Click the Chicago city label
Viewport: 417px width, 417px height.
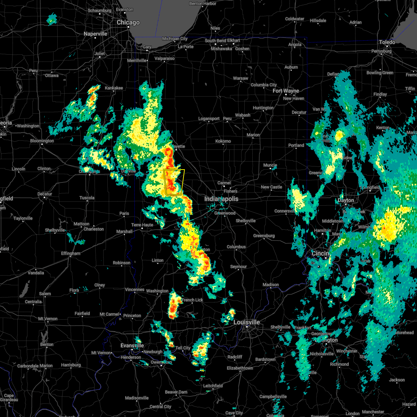(128, 23)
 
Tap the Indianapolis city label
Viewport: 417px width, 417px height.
(221, 199)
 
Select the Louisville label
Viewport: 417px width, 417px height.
(246, 322)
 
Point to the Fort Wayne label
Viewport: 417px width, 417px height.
(286, 91)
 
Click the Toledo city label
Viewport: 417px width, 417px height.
(387, 42)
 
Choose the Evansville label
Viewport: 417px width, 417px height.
(132, 345)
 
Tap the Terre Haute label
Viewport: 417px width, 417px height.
(142, 225)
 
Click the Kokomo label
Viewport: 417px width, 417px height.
(223, 141)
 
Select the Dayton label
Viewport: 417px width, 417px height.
(346, 201)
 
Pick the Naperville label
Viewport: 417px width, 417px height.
(96, 34)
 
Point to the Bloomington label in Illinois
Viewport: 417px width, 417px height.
(42, 141)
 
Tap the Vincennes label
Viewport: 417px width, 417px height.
(134, 289)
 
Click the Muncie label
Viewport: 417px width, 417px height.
(270, 165)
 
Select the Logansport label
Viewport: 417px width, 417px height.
(209, 119)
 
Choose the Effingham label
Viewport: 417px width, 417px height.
(71, 254)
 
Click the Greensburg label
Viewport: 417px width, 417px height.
(264, 236)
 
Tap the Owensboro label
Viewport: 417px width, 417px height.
(161, 362)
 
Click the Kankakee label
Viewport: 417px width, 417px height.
(114, 88)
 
